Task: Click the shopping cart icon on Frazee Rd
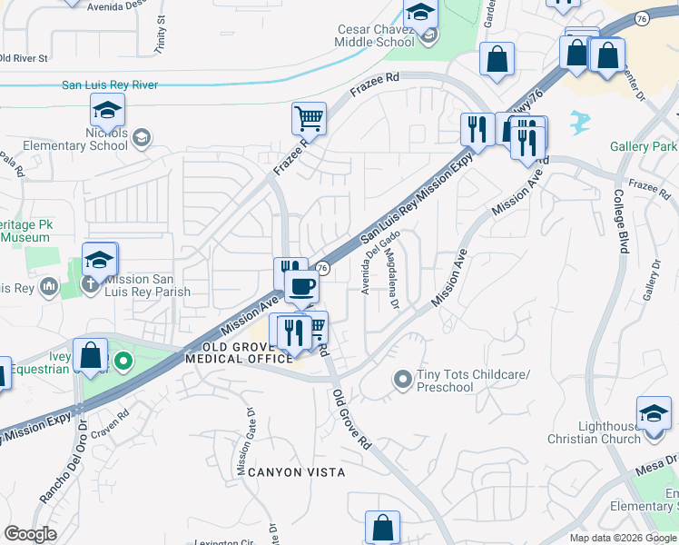pyautogui.click(x=309, y=118)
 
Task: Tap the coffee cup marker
pyautogui.click(x=301, y=286)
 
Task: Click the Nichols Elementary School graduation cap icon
pyautogui.click(x=107, y=111)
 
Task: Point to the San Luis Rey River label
pyautogui.click(x=110, y=85)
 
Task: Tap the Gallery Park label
pyautogui.click(x=644, y=147)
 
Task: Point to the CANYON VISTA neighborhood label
pyautogui.click(x=291, y=472)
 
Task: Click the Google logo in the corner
pyautogui.click(x=30, y=534)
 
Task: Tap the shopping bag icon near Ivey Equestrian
pyautogui.click(x=91, y=355)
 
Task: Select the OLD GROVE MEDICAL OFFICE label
pyautogui.click(x=240, y=352)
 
